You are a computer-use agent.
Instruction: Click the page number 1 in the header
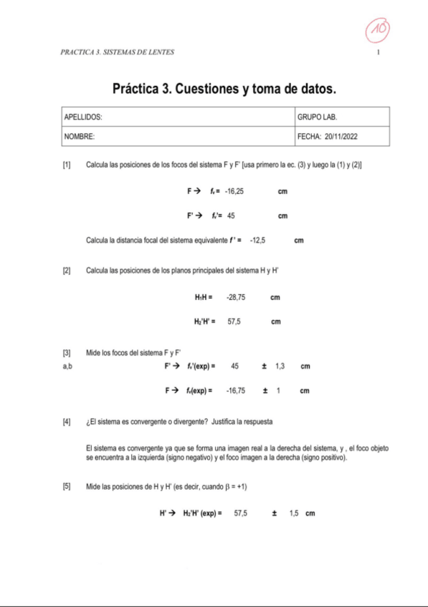(x=378, y=53)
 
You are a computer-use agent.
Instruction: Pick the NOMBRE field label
(x=80, y=135)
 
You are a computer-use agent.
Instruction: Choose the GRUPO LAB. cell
(x=316, y=116)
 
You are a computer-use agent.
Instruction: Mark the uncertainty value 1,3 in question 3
(x=280, y=366)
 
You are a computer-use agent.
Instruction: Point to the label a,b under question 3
(x=68, y=366)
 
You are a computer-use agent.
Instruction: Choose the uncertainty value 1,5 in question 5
(x=294, y=513)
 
